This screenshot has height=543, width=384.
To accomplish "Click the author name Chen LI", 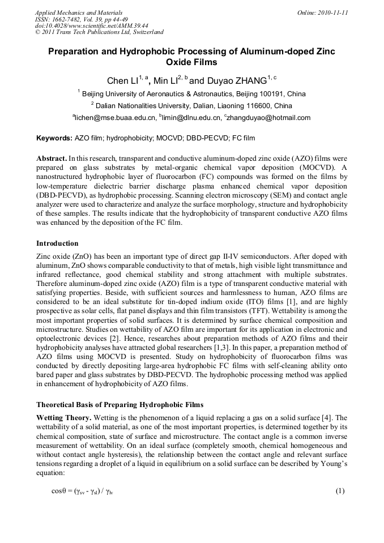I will (123, 81).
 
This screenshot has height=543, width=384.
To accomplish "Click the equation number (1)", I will (340, 491).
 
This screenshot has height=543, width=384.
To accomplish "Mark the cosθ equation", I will (86, 491).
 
